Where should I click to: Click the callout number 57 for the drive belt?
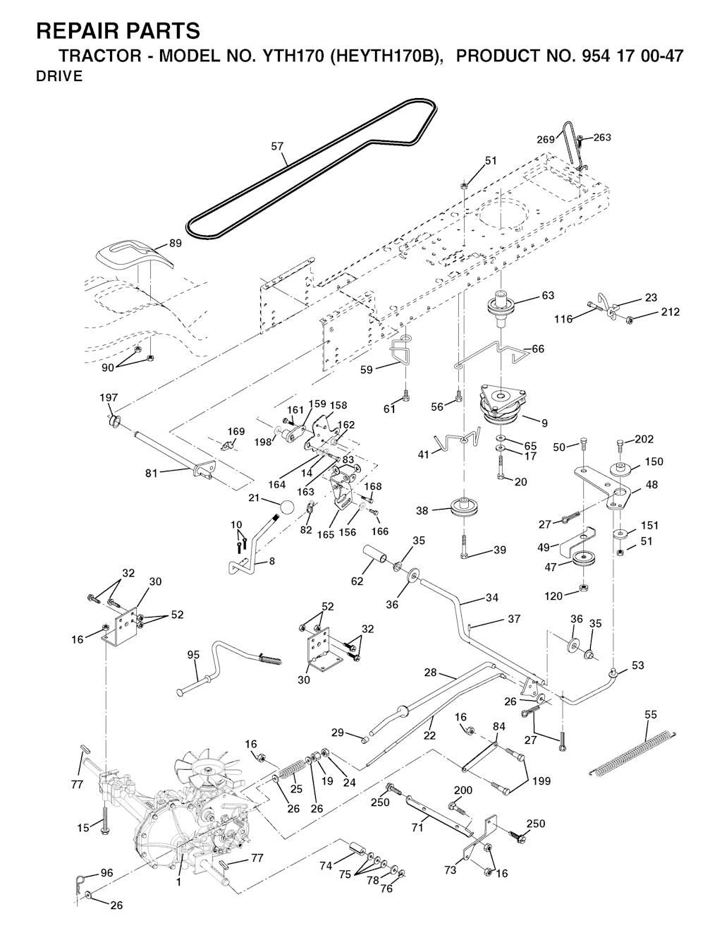pyautogui.click(x=277, y=147)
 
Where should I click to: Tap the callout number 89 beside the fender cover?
pyautogui.click(x=176, y=243)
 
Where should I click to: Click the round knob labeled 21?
pyautogui.click(x=286, y=507)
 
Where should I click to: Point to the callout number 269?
pyautogui.click(x=546, y=140)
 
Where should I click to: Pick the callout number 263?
pyautogui.click(x=602, y=138)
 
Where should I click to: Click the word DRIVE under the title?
pyautogui.click(x=59, y=77)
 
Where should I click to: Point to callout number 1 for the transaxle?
pyautogui.click(x=178, y=881)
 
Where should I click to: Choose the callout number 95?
pyautogui.click(x=193, y=655)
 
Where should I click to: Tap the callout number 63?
pyautogui.click(x=547, y=296)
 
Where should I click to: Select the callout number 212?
pyautogui.click(x=671, y=312)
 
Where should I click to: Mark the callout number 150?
pyautogui.click(x=654, y=462)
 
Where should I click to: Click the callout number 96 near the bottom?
pyautogui.click(x=106, y=873)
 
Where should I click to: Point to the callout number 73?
pyautogui.click(x=451, y=870)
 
